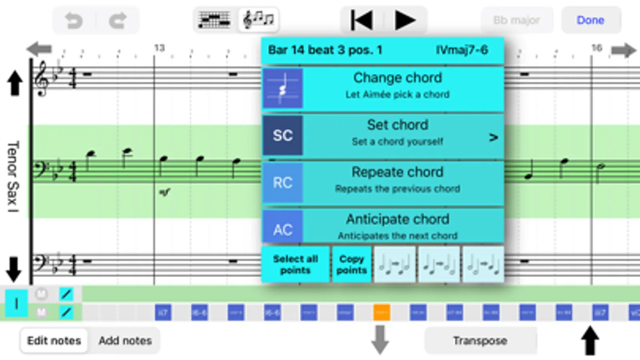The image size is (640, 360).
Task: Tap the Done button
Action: click(x=590, y=20)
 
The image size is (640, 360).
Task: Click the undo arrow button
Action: click(x=74, y=20)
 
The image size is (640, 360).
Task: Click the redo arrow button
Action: click(x=118, y=20)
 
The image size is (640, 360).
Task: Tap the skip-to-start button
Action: click(x=361, y=20)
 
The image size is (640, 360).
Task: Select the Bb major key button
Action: click(x=516, y=20)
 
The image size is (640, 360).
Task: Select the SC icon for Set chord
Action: click(x=283, y=135)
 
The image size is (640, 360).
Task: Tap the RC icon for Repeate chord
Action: click(x=283, y=182)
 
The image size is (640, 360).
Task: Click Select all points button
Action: click(x=295, y=264)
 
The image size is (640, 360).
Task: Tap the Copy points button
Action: click(x=351, y=264)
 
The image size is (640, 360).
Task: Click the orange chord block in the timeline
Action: click(x=381, y=312)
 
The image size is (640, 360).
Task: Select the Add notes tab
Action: click(x=125, y=341)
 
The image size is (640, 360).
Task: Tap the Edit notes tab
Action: click(x=54, y=341)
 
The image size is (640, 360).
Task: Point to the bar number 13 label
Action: click(x=159, y=48)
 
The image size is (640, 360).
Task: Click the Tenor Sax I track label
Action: click(x=13, y=176)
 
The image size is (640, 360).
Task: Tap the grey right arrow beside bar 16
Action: click(x=624, y=50)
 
